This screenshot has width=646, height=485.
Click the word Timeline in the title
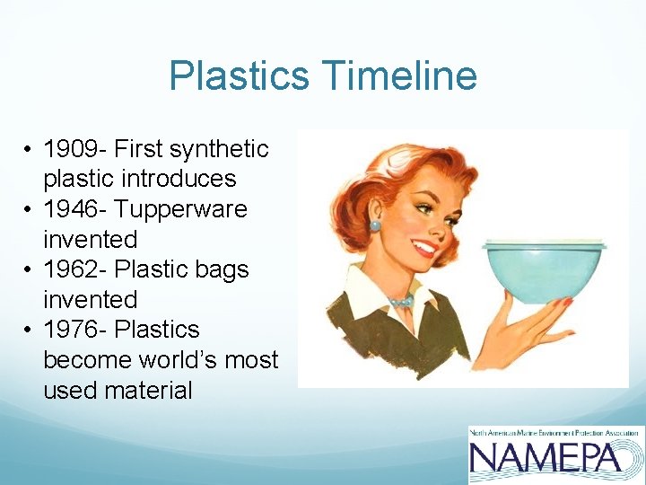[x=400, y=75]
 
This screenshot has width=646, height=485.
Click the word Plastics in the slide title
[x=239, y=75]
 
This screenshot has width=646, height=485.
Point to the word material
[x=148, y=390]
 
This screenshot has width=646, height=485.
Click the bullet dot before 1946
[x=30, y=209]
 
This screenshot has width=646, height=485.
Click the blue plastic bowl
[x=542, y=274]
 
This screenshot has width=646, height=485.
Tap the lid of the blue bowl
[x=544, y=243]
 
